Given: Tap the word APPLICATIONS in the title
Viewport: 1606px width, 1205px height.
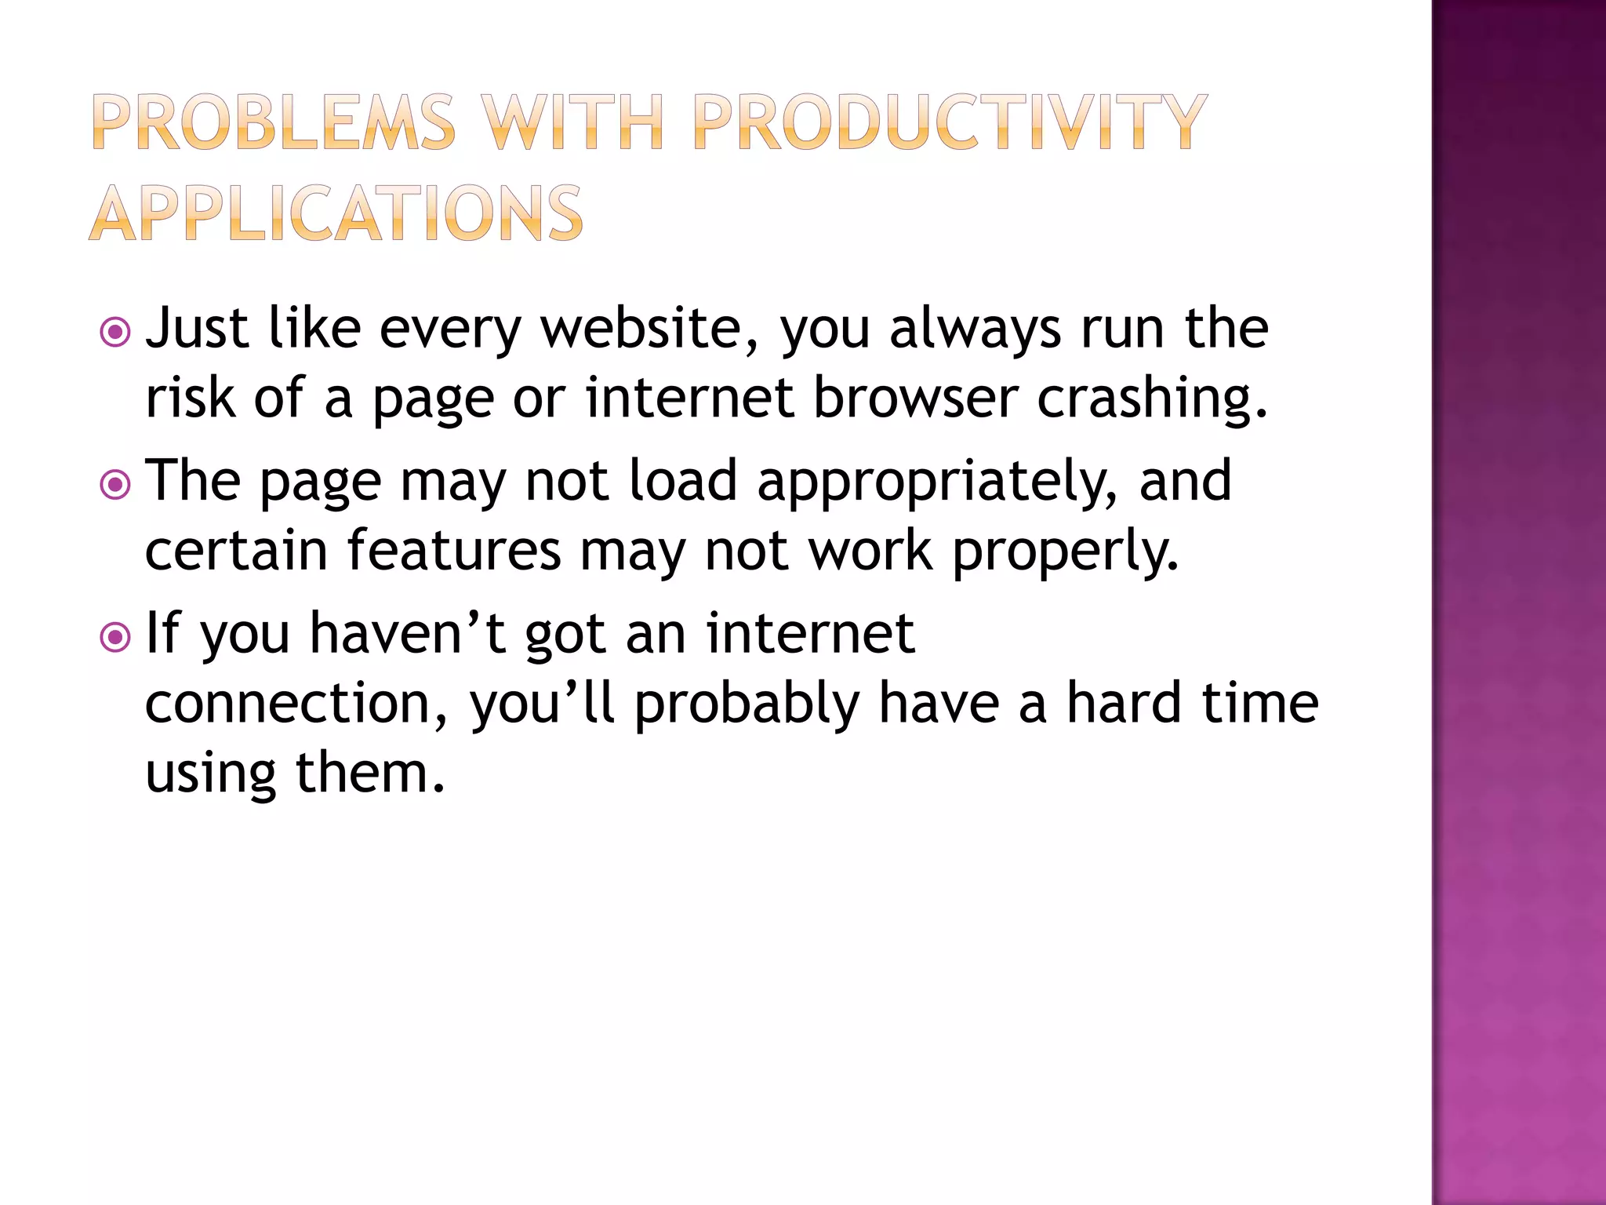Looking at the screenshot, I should pyautogui.click(x=336, y=213).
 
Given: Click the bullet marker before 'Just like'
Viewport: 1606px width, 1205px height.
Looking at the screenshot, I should pyautogui.click(x=116, y=333).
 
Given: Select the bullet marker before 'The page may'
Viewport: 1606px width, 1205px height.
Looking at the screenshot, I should pyautogui.click(x=116, y=485).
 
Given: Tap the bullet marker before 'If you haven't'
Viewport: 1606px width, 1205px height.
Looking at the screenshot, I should pyautogui.click(x=116, y=637).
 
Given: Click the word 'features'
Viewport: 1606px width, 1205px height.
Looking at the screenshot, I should pyautogui.click(x=455, y=550).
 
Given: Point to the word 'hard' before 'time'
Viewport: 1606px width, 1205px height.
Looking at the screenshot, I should pyautogui.click(x=1125, y=702).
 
